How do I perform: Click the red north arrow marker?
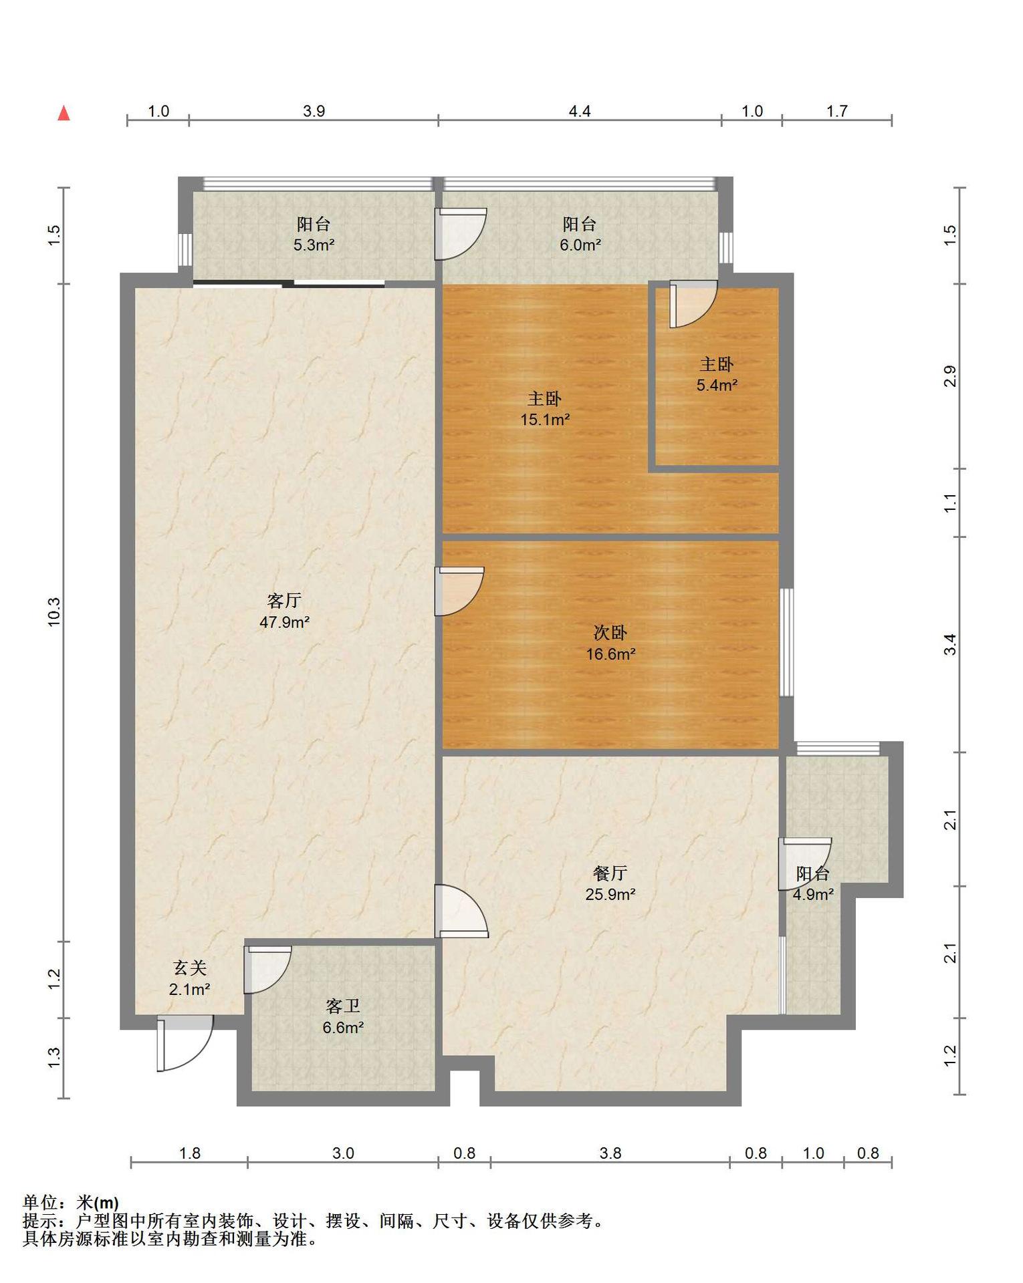pyautogui.click(x=64, y=113)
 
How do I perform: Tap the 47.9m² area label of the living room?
pyautogui.click(x=284, y=622)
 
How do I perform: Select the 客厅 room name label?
pyautogui.click(x=284, y=600)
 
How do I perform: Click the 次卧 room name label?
pyautogui.click(x=610, y=632)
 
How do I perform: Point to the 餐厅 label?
pyautogui.click(x=610, y=873)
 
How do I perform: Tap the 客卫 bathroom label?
pyautogui.click(x=343, y=1006)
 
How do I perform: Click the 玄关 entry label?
pyautogui.click(x=190, y=968)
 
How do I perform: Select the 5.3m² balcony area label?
pyautogui.click(x=314, y=245)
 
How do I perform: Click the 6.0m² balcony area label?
pyautogui.click(x=580, y=245)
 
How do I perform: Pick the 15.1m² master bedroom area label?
pyautogui.click(x=545, y=420)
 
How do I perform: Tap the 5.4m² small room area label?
pyautogui.click(x=717, y=385)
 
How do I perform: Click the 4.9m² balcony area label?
pyautogui.click(x=813, y=894)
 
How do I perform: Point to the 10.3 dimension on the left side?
pyautogui.click(x=53, y=611)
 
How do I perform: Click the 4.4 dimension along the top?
pyautogui.click(x=580, y=111)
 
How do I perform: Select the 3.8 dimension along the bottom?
pyautogui.click(x=610, y=1153)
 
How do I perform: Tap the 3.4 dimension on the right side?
pyautogui.click(x=950, y=645)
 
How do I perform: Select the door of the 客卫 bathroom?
pyautogui.click(x=267, y=970)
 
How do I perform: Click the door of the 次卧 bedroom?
pyautogui.click(x=459, y=591)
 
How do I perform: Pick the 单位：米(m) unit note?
pyautogui.click(x=71, y=1203)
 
